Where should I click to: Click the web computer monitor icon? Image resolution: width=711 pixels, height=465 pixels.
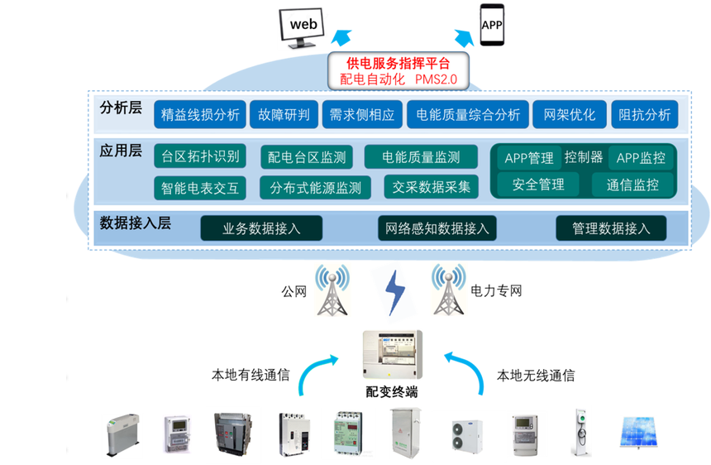pyautogui.click(x=302, y=27)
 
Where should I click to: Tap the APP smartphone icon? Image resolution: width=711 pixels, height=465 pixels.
pyautogui.click(x=492, y=25)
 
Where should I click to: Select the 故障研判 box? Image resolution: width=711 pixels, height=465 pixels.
pyautogui.click(x=284, y=115)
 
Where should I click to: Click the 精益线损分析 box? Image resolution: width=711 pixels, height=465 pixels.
pyautogui.click(x=201, y=115)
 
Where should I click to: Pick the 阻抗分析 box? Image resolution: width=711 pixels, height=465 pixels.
pyautogui.click(x=644, y=115)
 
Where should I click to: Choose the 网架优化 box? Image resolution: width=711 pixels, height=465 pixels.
pyautogui.click(x=570, y=115)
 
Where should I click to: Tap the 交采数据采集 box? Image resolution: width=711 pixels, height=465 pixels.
pyautogui.click(x=432, y=186)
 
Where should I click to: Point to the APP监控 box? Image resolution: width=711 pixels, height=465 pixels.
pyautogui.click(x=641, y=157)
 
